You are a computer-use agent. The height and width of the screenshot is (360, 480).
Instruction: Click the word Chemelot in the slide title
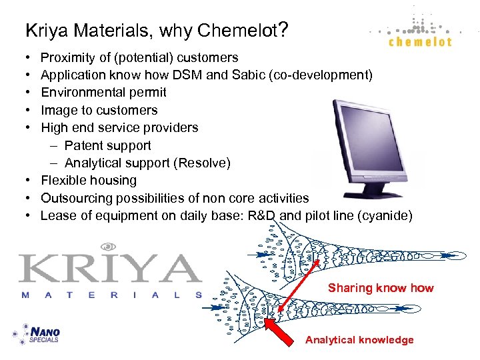(241, 31)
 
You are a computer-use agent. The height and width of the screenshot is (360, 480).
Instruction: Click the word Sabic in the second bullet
(248, 75)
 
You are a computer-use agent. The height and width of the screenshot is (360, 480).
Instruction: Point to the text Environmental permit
(103, 93)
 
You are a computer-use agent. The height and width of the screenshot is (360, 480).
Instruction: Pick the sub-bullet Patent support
(107, 145)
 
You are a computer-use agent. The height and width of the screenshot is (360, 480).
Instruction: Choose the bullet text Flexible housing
(88, 181)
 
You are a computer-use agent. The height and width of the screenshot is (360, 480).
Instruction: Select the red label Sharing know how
(380, 288)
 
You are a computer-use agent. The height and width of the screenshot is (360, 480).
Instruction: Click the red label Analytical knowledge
(359, 340)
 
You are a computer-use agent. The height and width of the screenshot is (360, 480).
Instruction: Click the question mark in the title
(283, 29)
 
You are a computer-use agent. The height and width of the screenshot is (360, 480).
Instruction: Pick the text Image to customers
(99, 111)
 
